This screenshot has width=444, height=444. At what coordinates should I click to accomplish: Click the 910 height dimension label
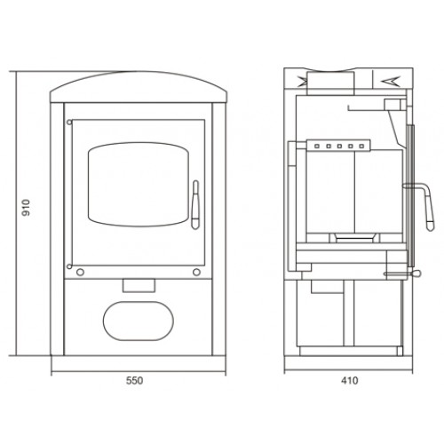[27, 208]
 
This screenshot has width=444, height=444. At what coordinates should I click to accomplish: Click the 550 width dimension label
[135, 380]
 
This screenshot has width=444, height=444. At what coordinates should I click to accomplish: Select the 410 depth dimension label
[350, 380]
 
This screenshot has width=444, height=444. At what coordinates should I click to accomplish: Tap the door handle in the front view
[195, 205]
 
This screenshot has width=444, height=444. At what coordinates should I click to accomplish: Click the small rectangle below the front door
[139, 286]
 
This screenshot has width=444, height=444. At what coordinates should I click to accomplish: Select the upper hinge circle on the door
[69, 123]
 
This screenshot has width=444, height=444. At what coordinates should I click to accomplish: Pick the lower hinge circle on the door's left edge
[69, 266]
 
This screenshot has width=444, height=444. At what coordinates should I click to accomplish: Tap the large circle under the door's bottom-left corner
[80, 273]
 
